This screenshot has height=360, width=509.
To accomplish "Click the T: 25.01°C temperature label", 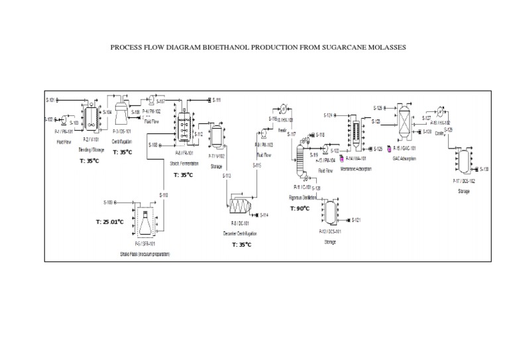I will click(x=110, y=222).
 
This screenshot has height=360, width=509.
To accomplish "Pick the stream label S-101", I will click(x=50, y=100).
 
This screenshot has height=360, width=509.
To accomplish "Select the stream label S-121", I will click(x=356, y=219).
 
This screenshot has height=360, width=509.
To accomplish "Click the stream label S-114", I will click(x=264, y=215).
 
